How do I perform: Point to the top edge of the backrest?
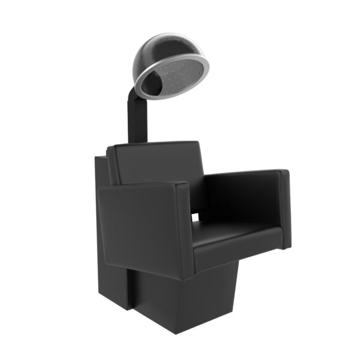[156, 145]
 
